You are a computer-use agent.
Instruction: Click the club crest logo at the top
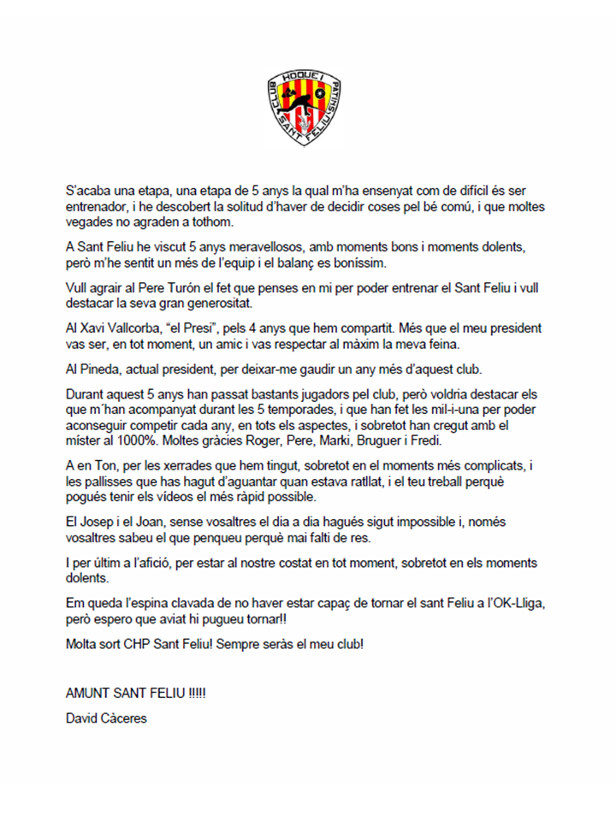pos(307,106)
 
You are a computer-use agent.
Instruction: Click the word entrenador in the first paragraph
pos(100,207)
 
